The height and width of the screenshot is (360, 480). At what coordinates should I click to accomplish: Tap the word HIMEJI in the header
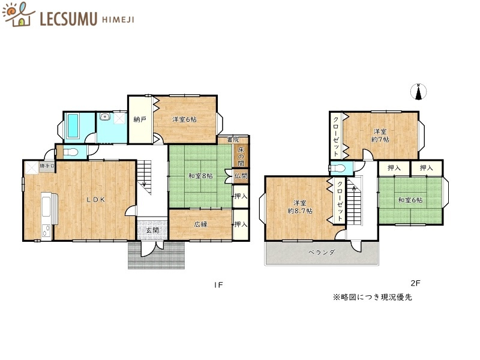pyautogui.click(x=117, y=19)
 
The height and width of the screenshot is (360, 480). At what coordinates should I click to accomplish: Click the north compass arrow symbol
pyautogui.click(x=419, y=92)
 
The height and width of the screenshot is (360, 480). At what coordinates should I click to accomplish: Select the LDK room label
pyautogui.click(x=95, y=200)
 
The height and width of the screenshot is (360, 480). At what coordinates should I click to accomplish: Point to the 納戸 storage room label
pyautogui.click(x=140, y=119)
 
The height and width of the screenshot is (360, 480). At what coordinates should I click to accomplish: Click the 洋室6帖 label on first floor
pyautogui.click(x=185, y=119)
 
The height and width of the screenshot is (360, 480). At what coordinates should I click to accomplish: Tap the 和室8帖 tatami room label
pyautogui.click(x=200, y=176)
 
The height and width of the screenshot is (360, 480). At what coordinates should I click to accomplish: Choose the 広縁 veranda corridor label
pyautogui.click(x=200, y=224)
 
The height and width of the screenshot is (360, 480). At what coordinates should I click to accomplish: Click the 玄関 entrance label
pyautogui.click(x=152, y=230)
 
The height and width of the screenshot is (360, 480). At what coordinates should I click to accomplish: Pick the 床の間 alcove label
pyautogui.click(x=241, y=155)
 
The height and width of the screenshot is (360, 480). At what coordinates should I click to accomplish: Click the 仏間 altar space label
pyautogui.click(x=241, y=176)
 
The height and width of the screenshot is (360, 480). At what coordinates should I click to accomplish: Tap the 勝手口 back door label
pyautogui.click(x=47, y=166)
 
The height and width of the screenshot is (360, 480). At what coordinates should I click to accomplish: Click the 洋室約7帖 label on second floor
pyautogui.click(x=380, y=135)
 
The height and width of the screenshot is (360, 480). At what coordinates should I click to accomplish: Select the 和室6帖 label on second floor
pyautogui.click(x=410, y=200)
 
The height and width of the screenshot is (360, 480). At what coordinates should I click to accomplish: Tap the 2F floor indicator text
pyautogui.click(x=415, y=283)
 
